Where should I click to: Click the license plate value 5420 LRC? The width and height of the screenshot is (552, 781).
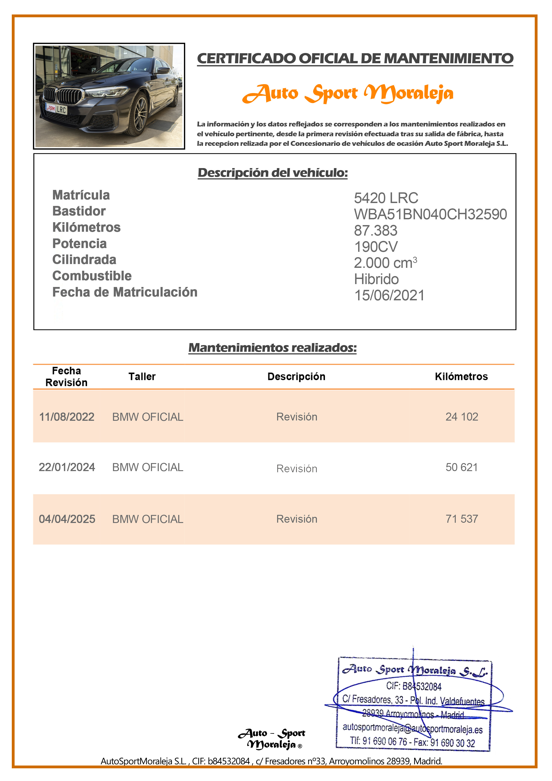click(386, 198)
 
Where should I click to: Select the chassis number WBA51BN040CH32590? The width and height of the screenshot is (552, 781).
click(430, 214)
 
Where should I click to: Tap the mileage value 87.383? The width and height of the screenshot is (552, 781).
click(375, 231)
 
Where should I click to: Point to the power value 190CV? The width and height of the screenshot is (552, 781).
click(376, 247)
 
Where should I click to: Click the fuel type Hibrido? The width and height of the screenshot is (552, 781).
click(376, 279)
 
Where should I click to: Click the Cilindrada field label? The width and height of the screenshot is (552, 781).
click(84, 260)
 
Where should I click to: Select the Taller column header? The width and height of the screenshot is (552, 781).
click(142, 376)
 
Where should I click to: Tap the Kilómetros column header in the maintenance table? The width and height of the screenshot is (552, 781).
click(461, 376)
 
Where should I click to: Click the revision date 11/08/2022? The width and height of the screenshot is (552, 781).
click(67, 417)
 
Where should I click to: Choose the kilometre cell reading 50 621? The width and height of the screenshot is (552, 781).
click(462, 467)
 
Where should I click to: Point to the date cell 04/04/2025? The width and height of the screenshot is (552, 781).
click(67, 519)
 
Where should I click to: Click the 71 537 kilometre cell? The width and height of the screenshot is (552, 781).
click(462, 519)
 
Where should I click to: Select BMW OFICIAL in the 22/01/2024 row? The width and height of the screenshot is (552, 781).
click(148, 467)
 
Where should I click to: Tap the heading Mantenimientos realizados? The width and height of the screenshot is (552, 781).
click(272, 348)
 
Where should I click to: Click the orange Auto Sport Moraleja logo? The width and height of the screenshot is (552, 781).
click(348, 94)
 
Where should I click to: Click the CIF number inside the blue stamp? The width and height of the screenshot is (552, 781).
click(414, 686)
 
